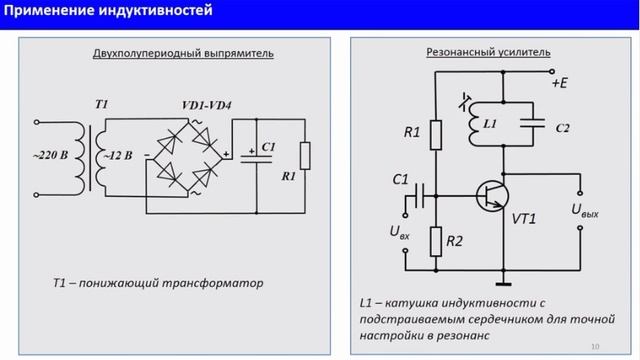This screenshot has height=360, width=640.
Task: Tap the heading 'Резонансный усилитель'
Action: pyautogui.click(x=475, y=52)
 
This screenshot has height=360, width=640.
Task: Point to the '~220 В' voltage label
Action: pyautogui.click(x=52, y=157)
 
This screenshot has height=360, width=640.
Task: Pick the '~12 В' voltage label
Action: pyautogui.click(x=116, y=157)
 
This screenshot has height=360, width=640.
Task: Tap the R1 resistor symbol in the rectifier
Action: pyautogui.click(x=304, y=158)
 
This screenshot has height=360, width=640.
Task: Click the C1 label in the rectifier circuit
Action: pyautogui.click(x=267, y=147)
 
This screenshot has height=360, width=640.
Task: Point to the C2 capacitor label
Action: pyautogui.click(x=563, y=130)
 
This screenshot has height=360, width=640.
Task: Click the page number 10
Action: pyautogui.click(x=596, y=347)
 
